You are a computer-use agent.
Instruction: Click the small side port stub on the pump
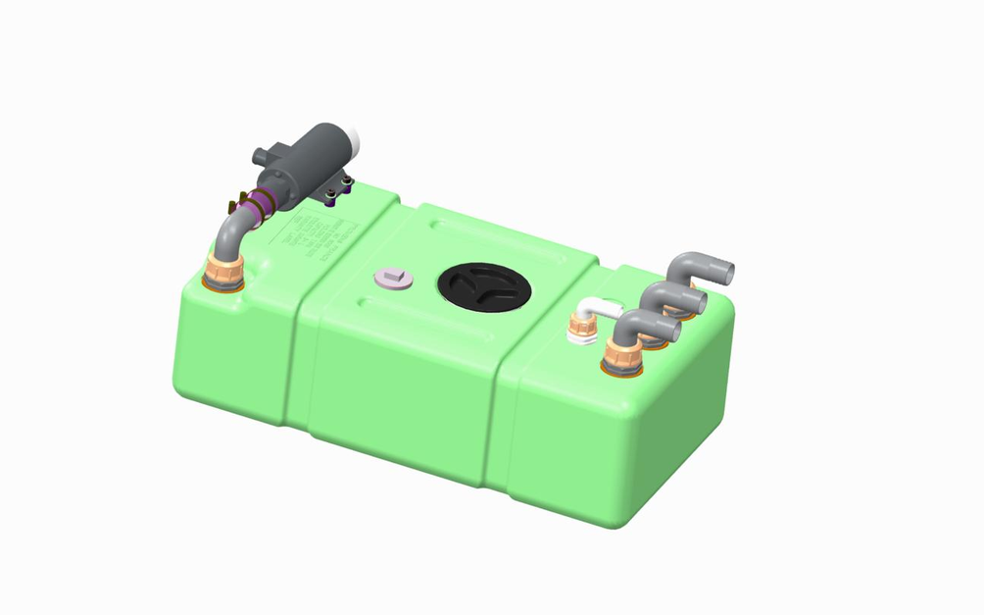(x=260, y=157)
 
